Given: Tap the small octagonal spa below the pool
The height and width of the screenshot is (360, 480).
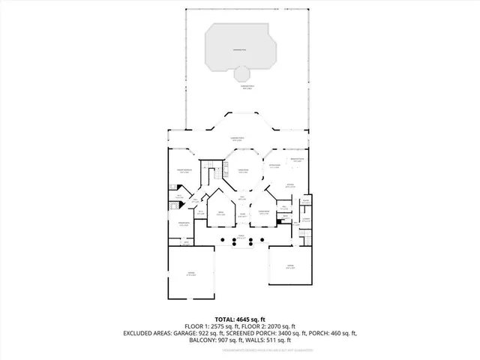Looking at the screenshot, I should pos(242,74).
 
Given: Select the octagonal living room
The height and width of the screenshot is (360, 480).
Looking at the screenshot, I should pos(242,172).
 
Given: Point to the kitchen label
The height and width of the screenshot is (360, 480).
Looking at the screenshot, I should pos(289,185).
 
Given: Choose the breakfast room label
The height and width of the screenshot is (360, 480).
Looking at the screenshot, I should pos(297,160).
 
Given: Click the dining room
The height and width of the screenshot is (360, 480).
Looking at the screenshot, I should pos(264,214).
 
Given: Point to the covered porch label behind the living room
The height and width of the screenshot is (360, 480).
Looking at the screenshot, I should pos(239,139).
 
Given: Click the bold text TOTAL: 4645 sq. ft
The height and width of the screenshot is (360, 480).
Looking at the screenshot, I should pos(239,318).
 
